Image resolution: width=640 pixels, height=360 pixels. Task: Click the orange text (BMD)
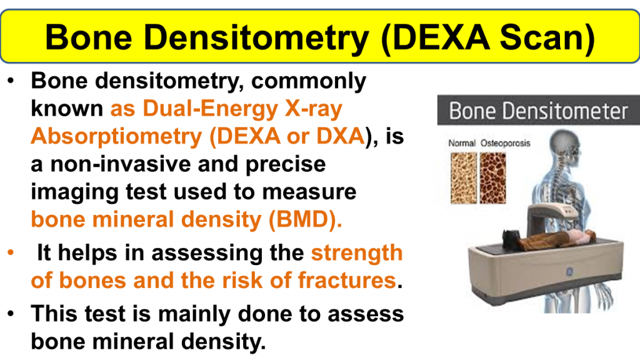305,219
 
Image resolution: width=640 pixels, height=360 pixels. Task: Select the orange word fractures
347,281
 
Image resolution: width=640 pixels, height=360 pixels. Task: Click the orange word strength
357,254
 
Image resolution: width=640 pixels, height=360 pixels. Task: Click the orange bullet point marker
11,252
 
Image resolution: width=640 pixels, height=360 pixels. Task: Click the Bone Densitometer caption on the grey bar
538,111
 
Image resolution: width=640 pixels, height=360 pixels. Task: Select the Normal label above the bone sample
462,143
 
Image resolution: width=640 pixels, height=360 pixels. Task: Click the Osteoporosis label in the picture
505,143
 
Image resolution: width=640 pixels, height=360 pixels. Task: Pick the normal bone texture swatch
464,178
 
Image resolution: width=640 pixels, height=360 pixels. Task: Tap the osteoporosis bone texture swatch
492,178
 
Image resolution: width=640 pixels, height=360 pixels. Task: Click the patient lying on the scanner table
549,239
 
